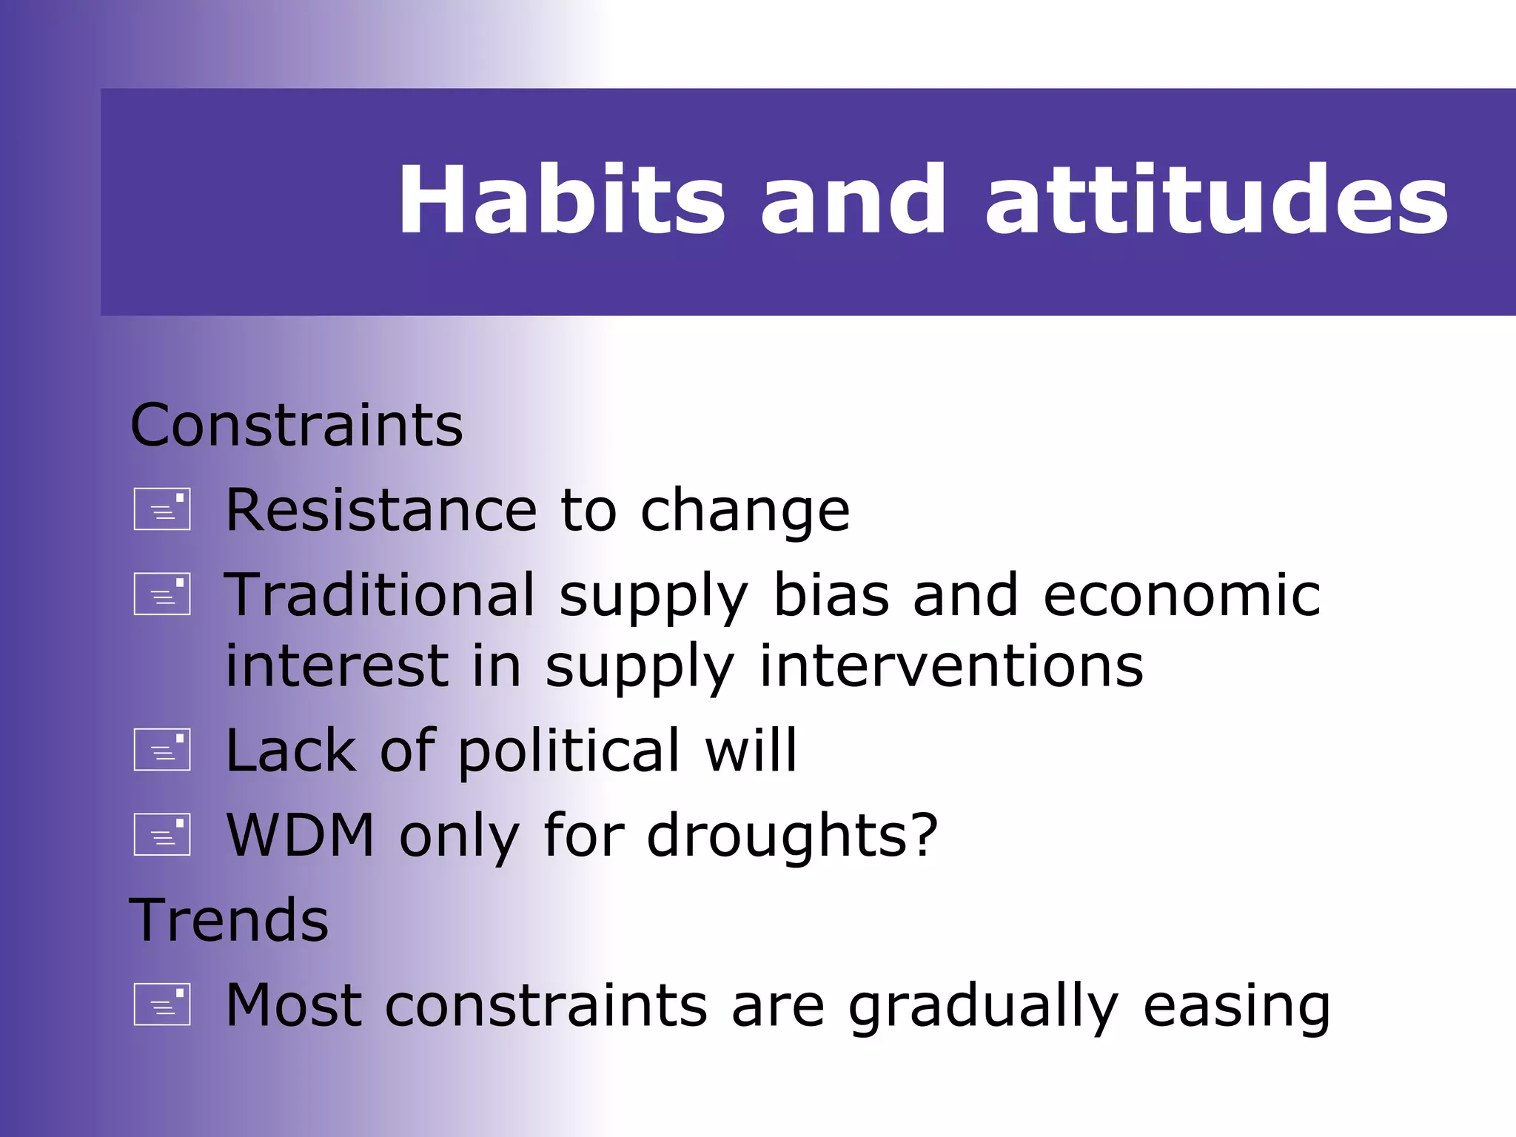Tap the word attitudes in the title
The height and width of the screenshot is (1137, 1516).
1215,200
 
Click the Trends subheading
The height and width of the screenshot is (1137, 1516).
229,920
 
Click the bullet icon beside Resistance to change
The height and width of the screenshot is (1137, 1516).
162,509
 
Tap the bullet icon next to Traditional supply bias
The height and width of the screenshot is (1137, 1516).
162,594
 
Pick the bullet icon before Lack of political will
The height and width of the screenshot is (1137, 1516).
162,750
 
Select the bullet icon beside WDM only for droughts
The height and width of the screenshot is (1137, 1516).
162,835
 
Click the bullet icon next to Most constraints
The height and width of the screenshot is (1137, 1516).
162,1004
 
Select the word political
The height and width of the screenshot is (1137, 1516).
568,751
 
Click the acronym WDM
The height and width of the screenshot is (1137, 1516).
300,836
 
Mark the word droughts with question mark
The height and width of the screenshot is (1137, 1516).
792,836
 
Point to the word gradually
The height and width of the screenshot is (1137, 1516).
983,1006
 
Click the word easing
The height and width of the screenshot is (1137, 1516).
1236,1006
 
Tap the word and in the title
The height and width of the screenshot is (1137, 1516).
853,200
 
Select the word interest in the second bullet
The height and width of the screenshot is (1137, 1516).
337,665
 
